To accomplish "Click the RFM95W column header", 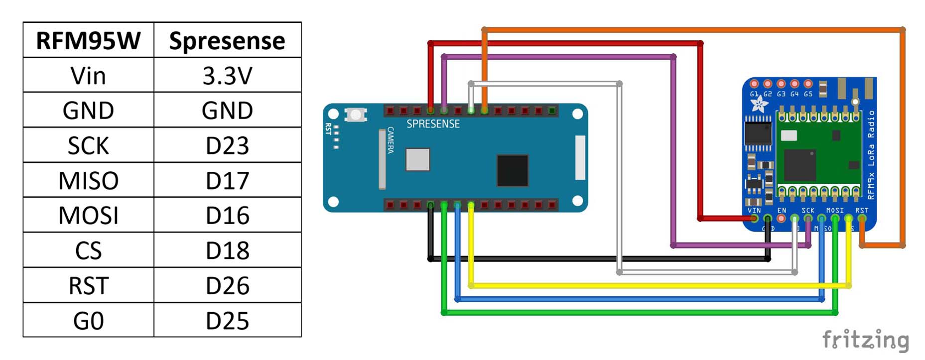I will [x=88, y=40].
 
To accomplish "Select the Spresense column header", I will [x=227, y=40].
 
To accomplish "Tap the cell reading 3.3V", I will [x=227, y=76].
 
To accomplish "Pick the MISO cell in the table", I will [x=88, y=180].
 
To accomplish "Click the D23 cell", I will [x=227, y=145].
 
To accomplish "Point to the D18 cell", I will [x=227, y=250].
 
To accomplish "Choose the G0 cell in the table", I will [x=88, y=320].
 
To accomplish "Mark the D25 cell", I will [x=227, y=320].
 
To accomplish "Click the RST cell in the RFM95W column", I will [x=88, y=285].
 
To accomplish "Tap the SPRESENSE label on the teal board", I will [x=433, y=124].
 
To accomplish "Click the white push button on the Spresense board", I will [x=356, y=115].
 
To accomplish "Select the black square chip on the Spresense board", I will [x=513, y=170].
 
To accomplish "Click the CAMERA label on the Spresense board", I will [x=391, y=140].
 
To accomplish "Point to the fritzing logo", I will [x=865, y=341].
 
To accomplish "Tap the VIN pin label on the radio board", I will [x=754, y=211].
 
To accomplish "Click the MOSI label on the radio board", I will [x=835, y=211].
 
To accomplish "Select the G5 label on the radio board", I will [x=808, y=94].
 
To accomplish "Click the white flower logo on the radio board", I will [x=759, y=105].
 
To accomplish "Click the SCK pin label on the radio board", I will [x=808, y=211].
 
